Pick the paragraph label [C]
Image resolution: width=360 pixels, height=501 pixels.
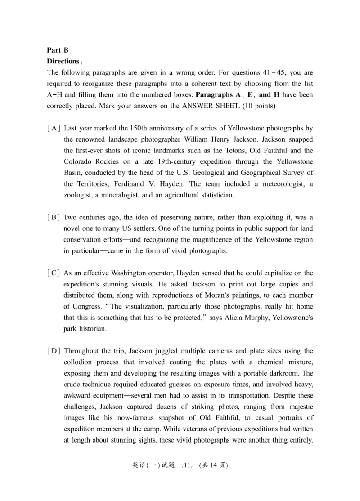coord(53,273)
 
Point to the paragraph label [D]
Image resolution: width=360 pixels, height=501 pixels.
coord(53,350)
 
